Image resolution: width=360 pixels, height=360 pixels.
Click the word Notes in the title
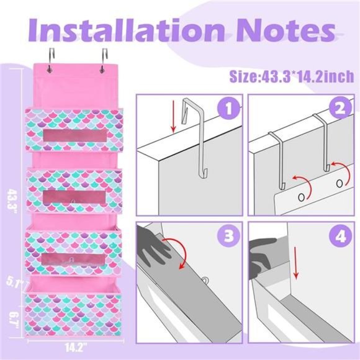[x=285, y=31]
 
